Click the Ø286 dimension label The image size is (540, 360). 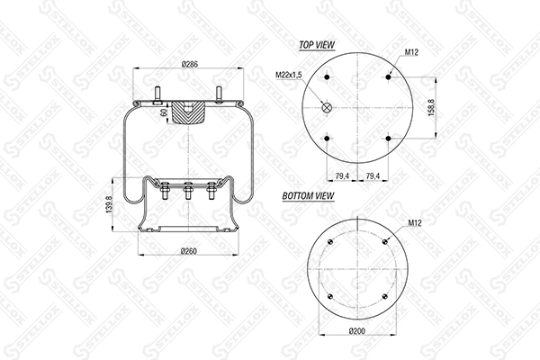pos(190,64)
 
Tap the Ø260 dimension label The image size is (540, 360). pos(189,251)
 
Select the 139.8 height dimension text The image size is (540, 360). pos(110,205)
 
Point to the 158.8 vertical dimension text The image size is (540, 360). pos(431,107)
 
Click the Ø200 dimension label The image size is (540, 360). pos(356,331)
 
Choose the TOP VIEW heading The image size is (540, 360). pos(317,45)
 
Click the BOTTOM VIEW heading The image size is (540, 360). pos(308,195)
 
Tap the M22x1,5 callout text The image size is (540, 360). pos(289,75)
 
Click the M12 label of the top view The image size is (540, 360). pos(411,52)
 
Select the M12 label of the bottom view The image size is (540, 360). pos(415,223)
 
